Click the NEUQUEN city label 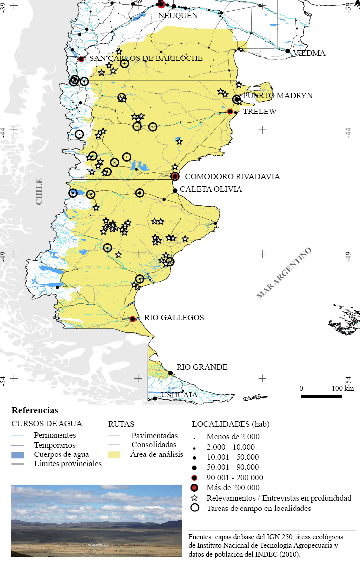tap(178, 15)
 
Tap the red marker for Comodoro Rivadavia tap(175, 176)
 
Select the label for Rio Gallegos tap(174, 318)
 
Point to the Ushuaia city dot tap(155, 398)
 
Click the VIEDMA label tap(309, 53)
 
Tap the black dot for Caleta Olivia tap(175, 191)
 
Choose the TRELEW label tap(259, 112)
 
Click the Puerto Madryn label tap(277, 96)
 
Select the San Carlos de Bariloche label tap(146, 58)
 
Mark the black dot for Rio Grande tap(170, 373)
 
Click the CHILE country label tap(39, 191)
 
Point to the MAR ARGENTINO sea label tap(284, 273)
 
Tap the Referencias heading tap(34, 411)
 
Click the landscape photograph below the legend tap(97, 520)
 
